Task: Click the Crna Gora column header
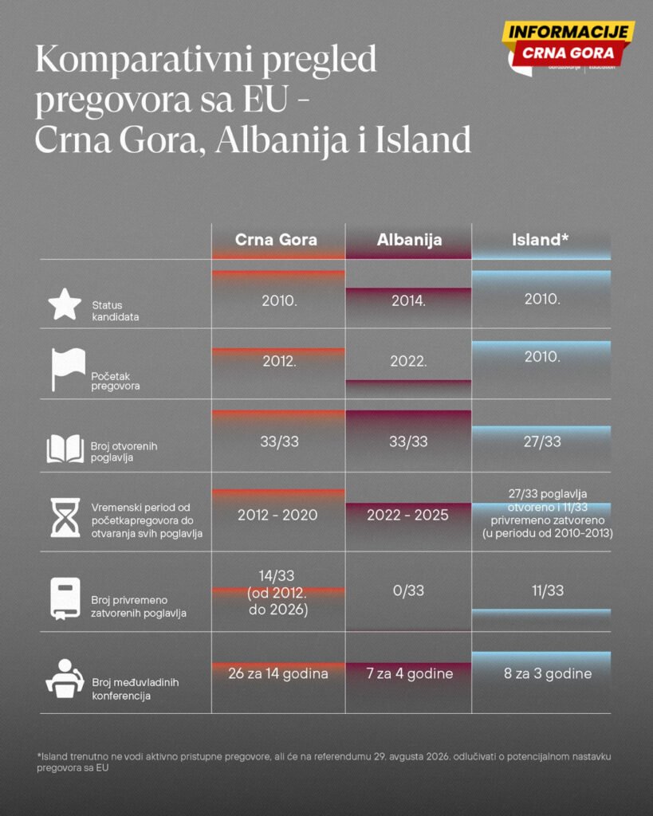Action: click(276, 240)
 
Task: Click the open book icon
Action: click(65, 448)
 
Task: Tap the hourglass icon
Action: click(65, 518)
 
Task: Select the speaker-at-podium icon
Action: click(65, 680)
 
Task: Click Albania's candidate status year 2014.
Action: click(408, 301)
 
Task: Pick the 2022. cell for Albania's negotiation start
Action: click(408, 360)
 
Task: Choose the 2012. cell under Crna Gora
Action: click(279, 360)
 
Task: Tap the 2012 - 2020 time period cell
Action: click(277, 515)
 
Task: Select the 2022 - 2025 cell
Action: click(408, 515)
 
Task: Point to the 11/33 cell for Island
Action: click(541, 591)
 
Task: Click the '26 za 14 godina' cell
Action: click(277, 673)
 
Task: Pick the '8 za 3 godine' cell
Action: click(541, 673)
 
